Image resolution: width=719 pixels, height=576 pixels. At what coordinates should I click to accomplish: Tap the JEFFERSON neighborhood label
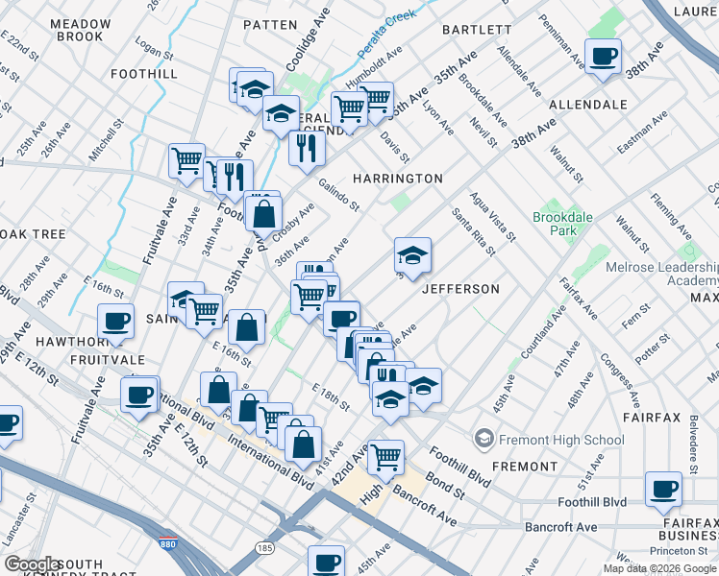pyautogui.click(x=460, y=289)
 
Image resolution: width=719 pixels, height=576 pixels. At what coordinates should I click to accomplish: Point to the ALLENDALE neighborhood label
pyautogui.click(x=587, y=104)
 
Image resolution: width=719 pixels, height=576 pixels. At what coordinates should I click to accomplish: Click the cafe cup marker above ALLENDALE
pyautogui.click(x=604, y=58)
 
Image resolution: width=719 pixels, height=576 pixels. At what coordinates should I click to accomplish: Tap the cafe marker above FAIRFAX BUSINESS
pyautogui.click(x=663, y=490)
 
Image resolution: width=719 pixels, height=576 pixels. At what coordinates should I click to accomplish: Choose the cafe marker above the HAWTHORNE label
pyautogui.click(x=116, y=323)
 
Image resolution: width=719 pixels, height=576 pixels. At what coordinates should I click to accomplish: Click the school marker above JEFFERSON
pyautogui.click(x=412, y=256)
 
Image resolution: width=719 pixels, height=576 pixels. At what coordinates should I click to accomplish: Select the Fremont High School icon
pyautogui.click(x=484, y=440)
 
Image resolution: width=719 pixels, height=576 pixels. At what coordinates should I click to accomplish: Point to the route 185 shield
pyautogui.click(x=264, y=547)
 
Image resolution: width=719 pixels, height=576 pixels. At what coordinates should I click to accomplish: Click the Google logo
pyautogui.click(x=33, y=564)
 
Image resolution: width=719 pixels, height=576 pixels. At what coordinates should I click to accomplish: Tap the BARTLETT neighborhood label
pyautogui.click(x=477, y=30)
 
